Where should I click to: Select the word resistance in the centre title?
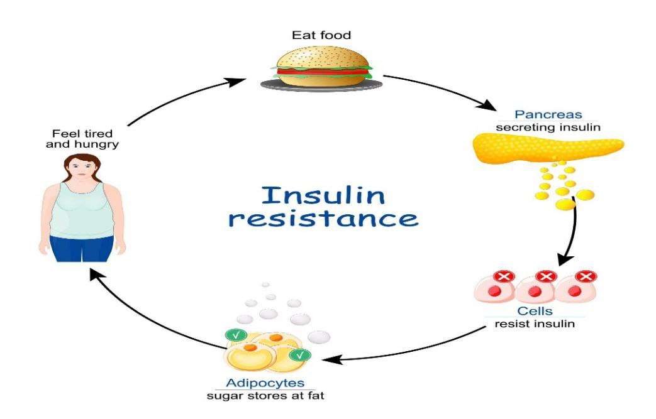pos(323,219)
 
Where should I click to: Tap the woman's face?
pos(75,171)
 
